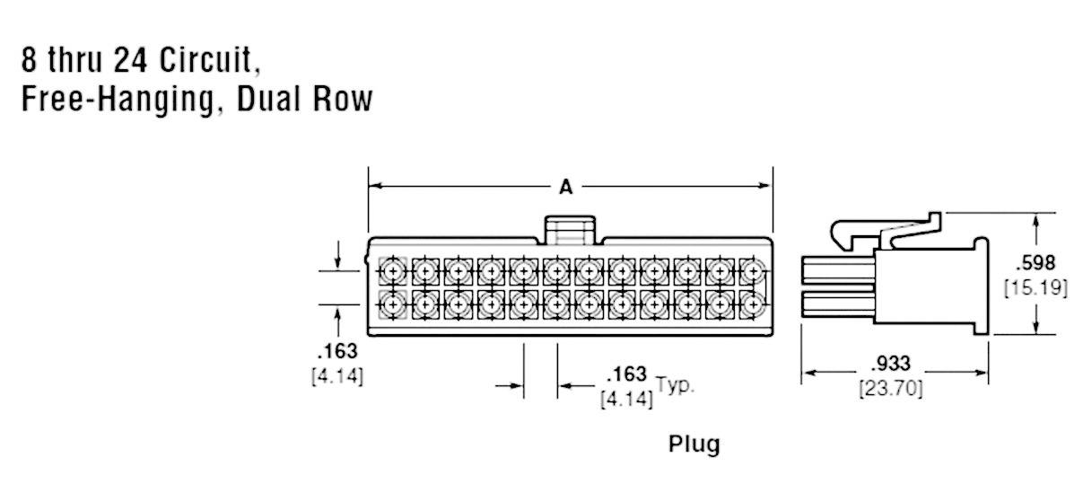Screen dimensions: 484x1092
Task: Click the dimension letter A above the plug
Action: (x=566, y=187)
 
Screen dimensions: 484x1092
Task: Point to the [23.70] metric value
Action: (x=891, y=389)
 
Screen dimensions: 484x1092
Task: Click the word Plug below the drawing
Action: (x=694, y=444)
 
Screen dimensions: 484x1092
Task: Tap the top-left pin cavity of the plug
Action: (x=392, y=270)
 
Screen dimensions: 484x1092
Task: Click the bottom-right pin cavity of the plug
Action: (x=753, y=305)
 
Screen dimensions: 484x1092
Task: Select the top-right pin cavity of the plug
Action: (x=753, y=270)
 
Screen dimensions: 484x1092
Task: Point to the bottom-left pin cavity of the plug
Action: (x=392, y=305)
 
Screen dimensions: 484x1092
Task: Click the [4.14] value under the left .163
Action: (x=337, y=377)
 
